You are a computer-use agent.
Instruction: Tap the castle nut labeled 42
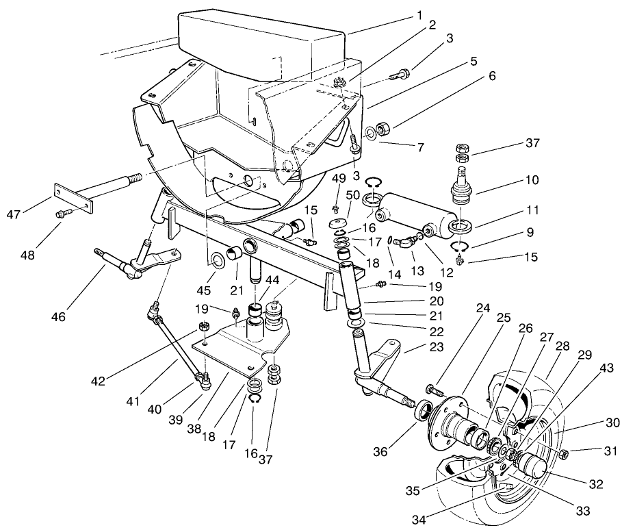click(203, 326)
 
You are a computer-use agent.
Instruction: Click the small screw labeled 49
click(336, 209)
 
